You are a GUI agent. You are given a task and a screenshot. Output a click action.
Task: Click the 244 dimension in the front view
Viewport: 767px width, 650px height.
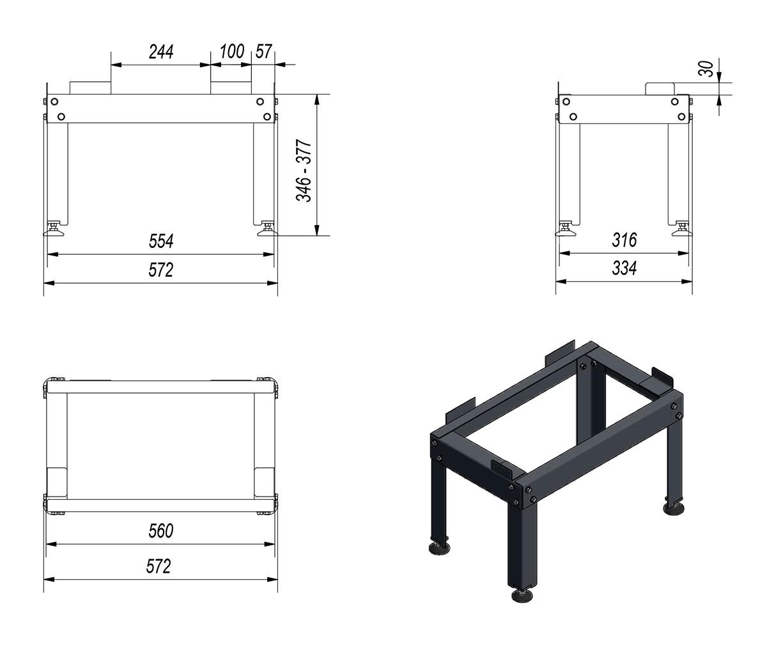[x=161, y=52]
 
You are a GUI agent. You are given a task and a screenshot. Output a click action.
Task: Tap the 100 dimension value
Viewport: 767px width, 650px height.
[x=232, y=52]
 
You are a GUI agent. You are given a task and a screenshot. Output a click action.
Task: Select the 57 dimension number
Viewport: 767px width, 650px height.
[x=264, y=52]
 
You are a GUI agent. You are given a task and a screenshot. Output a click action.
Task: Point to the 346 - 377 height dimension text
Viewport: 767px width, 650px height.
[x=304, y=171]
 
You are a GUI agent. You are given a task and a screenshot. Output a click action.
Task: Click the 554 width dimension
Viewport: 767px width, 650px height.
[x=161, y=241]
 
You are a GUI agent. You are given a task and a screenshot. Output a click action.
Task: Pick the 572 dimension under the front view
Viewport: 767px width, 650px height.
[x=161, y=270]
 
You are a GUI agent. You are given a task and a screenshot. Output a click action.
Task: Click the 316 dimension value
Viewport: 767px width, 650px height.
[x=624, y=240]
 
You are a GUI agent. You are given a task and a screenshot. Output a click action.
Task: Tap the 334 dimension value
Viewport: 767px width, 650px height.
[x=624, y=268]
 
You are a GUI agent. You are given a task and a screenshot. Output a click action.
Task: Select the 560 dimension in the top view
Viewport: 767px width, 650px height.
[x=161, y=531]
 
